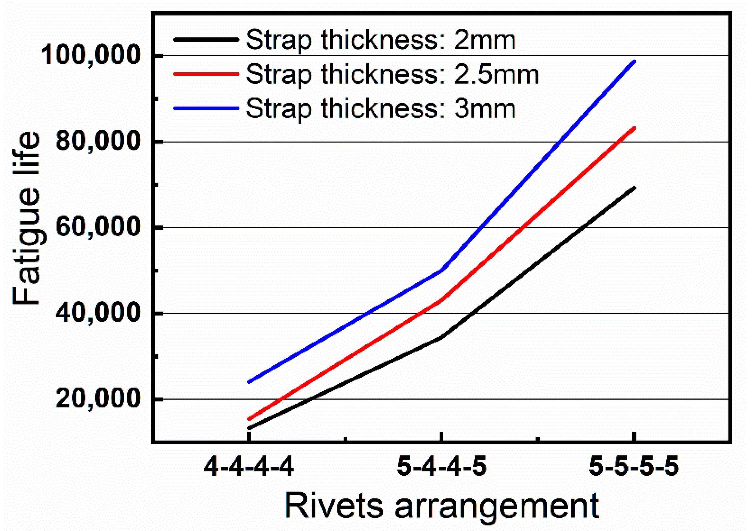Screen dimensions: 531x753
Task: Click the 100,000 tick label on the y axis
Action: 90,55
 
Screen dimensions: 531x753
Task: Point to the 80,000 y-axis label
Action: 97,141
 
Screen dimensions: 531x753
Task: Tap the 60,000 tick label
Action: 97,227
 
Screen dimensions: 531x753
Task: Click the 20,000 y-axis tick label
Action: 97,398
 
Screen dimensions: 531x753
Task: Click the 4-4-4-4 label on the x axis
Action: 249,466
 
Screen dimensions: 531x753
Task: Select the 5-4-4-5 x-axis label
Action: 441,466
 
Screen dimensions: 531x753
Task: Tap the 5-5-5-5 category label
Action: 634,466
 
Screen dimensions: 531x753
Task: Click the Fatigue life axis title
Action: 27,218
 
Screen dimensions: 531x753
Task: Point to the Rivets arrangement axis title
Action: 442,506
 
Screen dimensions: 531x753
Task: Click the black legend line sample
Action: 206,39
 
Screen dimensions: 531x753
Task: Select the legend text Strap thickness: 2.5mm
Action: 392,74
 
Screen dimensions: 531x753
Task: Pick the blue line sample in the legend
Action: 206,108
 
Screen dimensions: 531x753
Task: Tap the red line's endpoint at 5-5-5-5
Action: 634,128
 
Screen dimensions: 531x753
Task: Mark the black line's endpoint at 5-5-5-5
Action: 634,188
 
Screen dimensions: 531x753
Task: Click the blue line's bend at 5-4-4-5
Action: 442,270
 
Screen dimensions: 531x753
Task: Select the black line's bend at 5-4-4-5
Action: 442,337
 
